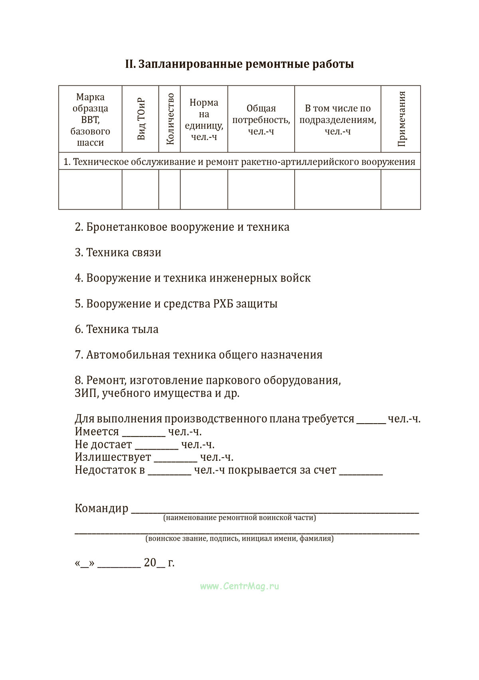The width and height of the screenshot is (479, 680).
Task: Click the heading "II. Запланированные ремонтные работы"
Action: [239, 64]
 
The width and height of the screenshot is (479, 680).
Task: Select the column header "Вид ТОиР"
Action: [141, 119]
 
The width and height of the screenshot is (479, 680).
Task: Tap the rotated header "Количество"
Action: [170, 119]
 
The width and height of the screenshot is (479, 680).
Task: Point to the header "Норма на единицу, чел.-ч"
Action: [204, 119]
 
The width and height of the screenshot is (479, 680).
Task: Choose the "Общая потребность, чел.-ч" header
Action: [261, 119]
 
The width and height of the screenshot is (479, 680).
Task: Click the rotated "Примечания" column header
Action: [401, 119]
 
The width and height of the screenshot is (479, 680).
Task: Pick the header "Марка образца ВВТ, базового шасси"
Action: [90, 119]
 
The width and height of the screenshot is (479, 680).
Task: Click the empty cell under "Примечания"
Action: [400, 189]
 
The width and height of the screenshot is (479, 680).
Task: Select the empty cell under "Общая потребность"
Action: [261, 189]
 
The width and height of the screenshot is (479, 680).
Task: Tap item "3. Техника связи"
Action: [118, 252]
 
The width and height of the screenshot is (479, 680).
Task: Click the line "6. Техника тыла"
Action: [117, 329]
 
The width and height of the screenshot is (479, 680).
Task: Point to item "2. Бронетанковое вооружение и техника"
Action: [182, 227]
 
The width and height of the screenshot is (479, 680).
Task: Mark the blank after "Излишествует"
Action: [176, 458]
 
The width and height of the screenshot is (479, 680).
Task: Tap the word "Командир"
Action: [102, 508]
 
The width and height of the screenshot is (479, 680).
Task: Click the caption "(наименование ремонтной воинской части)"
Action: [239, 518]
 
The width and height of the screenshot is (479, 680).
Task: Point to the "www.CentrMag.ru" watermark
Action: [239, 586]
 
